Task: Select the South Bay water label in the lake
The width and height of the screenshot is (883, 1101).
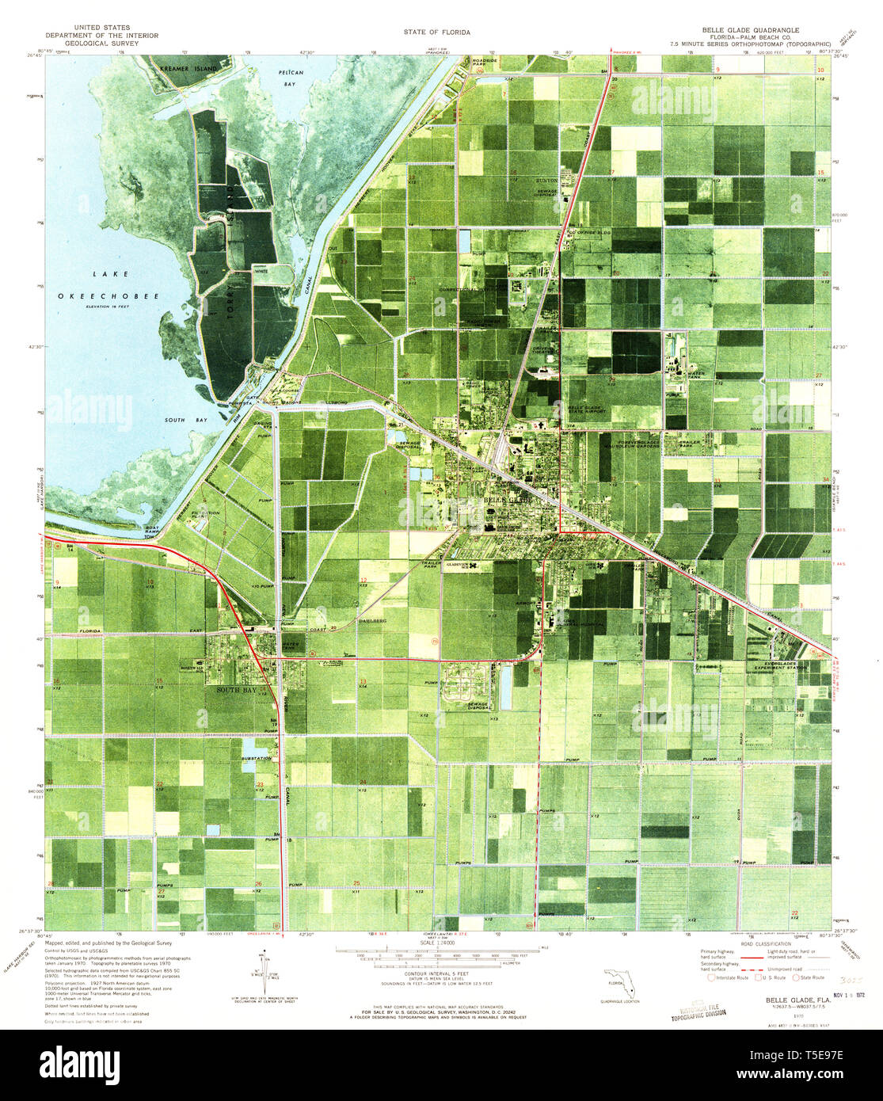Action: click(181, 421)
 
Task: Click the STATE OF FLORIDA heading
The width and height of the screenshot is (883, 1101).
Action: click(436, 32)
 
